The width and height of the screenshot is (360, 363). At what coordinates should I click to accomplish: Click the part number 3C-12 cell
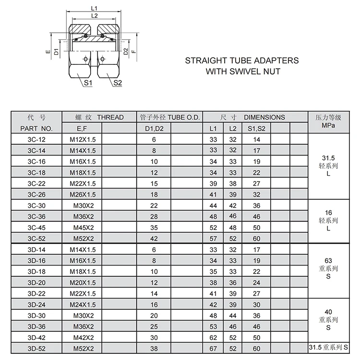(36, 140)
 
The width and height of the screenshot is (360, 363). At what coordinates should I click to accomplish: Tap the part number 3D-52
(36, 348)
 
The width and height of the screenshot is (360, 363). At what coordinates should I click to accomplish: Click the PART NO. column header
(36, 129)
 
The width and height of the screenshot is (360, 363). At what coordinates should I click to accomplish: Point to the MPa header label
(328, 126)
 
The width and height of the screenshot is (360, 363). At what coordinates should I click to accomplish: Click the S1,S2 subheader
(256, 129)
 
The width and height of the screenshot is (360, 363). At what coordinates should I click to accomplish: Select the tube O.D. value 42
(154, 239)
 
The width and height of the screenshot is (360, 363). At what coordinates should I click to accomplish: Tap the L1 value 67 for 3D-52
(214, 348)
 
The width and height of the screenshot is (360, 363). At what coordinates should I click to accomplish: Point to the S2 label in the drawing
(118, 83)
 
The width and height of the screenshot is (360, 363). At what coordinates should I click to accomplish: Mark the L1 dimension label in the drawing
(94, 8)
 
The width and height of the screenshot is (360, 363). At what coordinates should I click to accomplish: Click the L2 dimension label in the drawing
(94, 16)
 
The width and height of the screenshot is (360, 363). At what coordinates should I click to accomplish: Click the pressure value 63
(328, 260)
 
